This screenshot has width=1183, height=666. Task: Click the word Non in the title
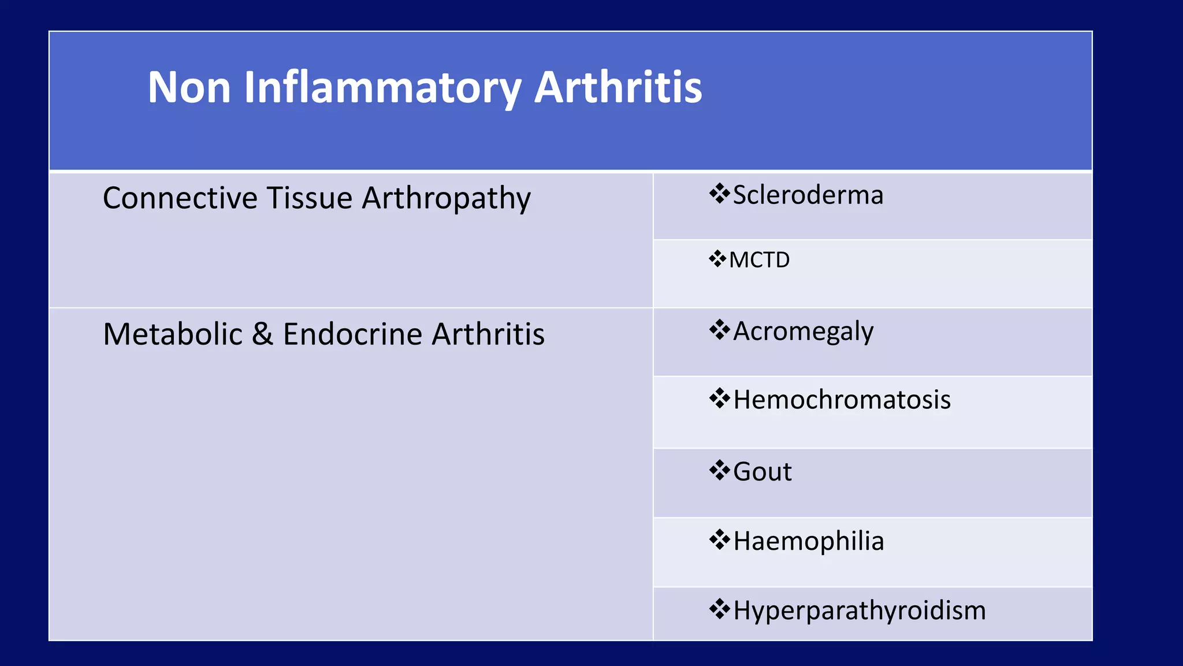coord(189,87)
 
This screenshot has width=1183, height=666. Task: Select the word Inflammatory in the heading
coord(382,87)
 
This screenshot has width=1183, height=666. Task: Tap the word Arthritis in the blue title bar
coord(618,87)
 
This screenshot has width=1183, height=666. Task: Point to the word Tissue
coord(309,198)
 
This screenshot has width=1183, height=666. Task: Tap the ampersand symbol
coord(262,334)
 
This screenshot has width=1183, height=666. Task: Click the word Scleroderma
coord(808,195)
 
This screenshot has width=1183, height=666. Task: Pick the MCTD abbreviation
coord(759,260)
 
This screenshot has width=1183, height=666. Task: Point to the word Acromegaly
coord(803,332)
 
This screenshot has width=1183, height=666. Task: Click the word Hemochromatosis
coord(842,400)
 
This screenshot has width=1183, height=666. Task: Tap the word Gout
coord(762,472)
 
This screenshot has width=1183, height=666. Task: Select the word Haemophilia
coord(808,542)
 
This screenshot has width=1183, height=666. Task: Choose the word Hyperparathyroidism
coord(859,611)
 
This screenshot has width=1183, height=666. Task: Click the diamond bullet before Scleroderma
coord(720,194)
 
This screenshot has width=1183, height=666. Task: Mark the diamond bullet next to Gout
coord(720,470)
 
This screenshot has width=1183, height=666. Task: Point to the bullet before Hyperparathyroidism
coord(720,609)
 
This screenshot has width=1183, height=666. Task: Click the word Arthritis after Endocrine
coord(488,334)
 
